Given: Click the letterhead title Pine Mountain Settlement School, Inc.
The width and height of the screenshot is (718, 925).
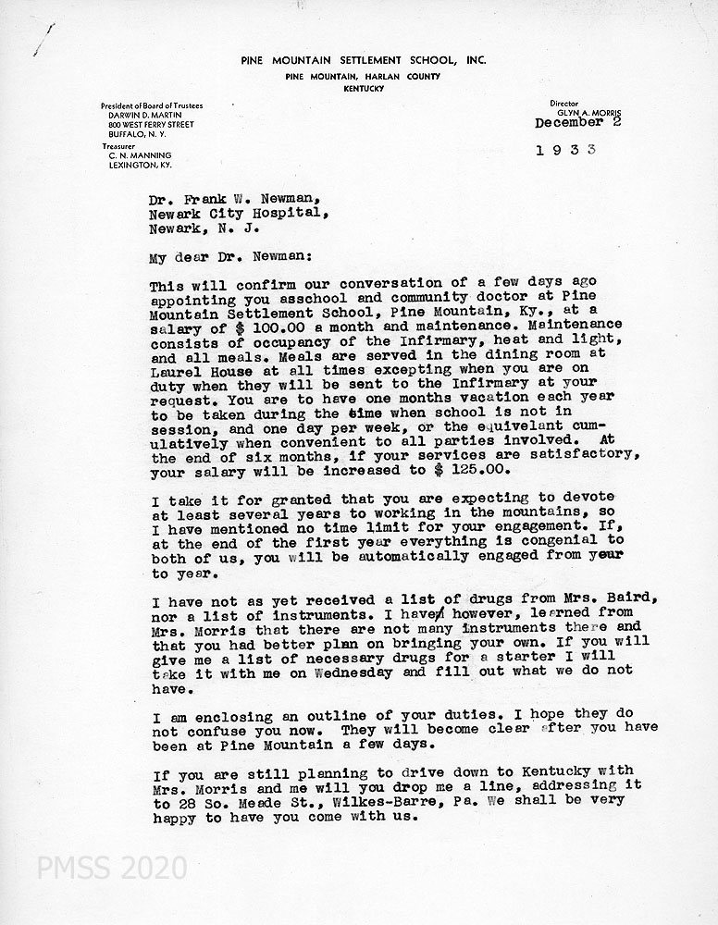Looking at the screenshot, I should click(363, 60).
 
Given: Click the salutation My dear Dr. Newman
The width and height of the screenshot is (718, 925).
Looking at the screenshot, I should click(220, 259).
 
